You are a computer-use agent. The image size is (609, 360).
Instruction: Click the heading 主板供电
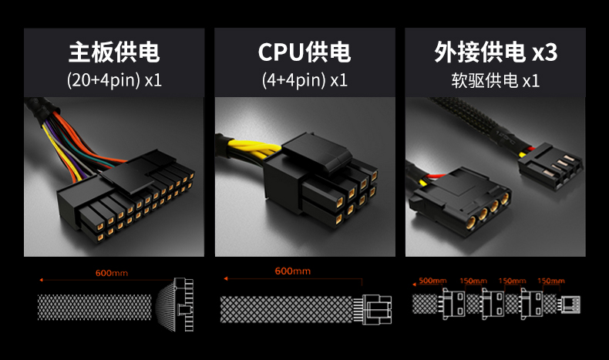click(x=114, y=52)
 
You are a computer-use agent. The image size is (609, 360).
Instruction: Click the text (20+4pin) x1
click(x=114, y=79)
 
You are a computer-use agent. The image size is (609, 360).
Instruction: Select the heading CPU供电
click(x=304, y=52)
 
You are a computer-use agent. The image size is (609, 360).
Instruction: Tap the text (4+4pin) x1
click(x=304, y=79)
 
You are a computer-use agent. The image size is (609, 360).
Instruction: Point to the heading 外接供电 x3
click(x=495, y=52)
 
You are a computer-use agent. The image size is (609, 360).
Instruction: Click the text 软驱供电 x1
click(x=495, y=80)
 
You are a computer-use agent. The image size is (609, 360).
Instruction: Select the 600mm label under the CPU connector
click(x=292, y=271)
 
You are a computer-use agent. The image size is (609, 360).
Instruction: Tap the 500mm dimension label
click(x=431, y=281)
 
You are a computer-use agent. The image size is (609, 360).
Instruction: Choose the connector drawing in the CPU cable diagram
click(x=379, y=309)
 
